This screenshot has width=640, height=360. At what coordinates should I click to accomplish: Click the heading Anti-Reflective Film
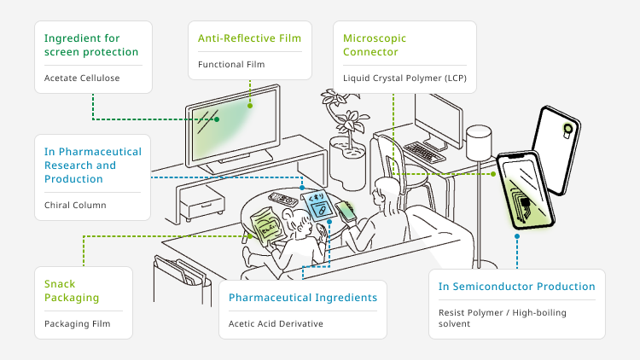249,38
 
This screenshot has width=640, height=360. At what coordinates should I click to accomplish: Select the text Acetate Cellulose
82,78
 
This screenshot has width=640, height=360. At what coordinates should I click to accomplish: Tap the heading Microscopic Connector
375,45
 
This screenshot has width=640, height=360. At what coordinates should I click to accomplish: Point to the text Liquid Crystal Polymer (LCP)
404,78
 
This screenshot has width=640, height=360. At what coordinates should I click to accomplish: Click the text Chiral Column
75,205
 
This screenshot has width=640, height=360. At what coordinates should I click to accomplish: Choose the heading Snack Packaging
72,291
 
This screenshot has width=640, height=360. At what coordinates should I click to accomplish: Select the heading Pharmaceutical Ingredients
302,298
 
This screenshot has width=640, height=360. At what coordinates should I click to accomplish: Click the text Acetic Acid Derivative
276,323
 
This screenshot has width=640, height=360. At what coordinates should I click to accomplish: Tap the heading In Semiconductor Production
517,287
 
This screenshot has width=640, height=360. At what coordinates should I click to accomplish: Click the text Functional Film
231,65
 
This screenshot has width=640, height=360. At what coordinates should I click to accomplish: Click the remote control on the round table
282,199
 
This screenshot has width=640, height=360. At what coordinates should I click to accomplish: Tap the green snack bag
265,225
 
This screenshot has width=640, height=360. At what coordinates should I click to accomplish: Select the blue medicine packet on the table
318,206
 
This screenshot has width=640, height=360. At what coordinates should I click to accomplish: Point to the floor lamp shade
479,142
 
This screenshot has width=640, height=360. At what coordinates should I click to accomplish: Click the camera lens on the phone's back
567,129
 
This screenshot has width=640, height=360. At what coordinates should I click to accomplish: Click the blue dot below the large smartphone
517,236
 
